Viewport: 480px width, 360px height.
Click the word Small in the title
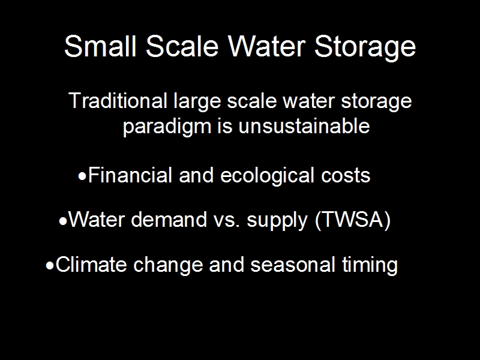coord(100,46)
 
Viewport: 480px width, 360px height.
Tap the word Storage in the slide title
coord(365,47)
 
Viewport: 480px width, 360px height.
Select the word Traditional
coord(118,100)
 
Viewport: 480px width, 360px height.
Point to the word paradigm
coord(167,127)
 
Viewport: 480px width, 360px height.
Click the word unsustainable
coord(304,125)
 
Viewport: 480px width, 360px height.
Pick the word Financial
coord(130,175)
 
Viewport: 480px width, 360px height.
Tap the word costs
coord(346,176)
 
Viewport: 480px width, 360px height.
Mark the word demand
coord(169,220)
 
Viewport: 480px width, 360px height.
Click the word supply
coord(277,221)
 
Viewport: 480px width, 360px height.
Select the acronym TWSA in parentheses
coord(353,220)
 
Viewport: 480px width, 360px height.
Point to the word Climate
coord(91,264)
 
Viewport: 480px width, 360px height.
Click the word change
coord(168,265)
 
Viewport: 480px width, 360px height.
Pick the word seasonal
coord(293,264)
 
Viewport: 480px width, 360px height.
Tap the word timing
coord(370,265)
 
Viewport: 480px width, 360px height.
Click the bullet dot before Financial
coord(82,176)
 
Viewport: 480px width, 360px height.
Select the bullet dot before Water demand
coord(63,221)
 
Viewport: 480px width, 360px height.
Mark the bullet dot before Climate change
coord(50,266)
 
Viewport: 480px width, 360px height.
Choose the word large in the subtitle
coord(197,101)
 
